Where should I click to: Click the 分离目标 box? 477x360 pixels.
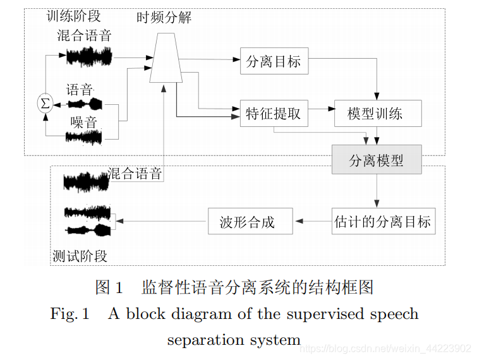point(274,62)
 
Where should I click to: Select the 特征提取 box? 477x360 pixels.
point(274,114)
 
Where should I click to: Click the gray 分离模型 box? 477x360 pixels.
point(377,160)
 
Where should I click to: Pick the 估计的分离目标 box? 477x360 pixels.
point(383,222)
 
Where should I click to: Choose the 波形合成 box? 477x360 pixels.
point(251,222)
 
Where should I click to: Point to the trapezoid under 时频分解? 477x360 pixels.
point(166,57)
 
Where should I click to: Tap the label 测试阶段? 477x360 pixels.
point(80,256)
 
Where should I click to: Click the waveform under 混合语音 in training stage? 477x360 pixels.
point(89,57)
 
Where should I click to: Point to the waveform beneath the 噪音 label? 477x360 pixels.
point(84,136)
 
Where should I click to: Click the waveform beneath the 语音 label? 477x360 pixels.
point(85,104)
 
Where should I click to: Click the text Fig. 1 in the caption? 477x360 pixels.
point(70,314)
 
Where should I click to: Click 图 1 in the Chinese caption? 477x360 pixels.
point(108,287)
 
